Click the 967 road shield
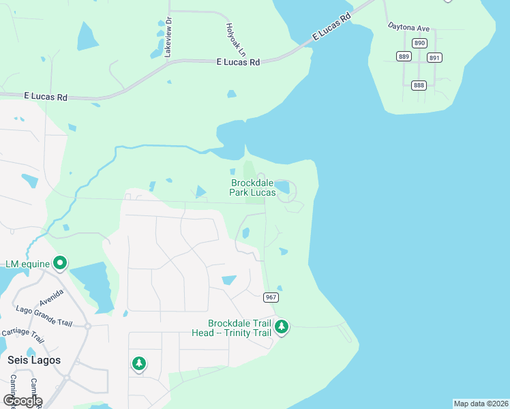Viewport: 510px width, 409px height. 271,297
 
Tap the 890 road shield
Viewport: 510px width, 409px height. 419,43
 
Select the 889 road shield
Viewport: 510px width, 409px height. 404,57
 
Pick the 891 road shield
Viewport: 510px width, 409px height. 434,58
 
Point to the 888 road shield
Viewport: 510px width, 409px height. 419,85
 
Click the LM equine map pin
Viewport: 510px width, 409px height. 60,262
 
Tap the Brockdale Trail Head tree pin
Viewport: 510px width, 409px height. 282,327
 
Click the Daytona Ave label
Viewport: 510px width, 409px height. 408,28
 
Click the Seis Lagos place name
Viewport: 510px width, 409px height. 34,359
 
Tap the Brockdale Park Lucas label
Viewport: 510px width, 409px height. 253,187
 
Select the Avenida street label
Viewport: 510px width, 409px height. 51,298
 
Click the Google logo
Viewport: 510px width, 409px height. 22,400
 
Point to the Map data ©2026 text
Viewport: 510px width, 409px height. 481,404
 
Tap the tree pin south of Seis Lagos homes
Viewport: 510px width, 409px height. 139,363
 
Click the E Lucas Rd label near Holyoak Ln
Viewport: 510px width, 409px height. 239,62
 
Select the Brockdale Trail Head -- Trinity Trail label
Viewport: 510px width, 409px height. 240,328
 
